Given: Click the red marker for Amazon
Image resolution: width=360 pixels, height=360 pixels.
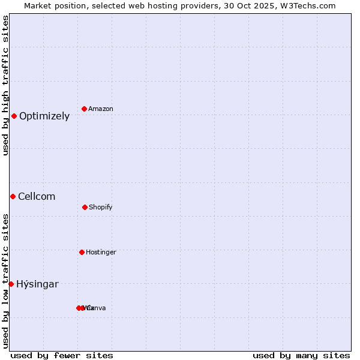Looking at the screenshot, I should (x=84, y=109).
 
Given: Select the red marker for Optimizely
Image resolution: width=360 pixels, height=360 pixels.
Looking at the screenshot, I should (x=14, y=116).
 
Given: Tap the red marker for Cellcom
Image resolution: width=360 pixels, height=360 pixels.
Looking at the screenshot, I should (x=13, y=196).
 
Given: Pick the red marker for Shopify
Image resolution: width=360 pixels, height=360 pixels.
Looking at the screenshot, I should (x=85, y=207).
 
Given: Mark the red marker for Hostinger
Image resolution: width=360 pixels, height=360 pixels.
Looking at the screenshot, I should (x=82, y=252).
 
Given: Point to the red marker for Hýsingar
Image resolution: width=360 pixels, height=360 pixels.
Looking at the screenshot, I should (x=11, y=284).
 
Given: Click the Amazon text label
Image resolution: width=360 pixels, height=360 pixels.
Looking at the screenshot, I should (x=101, y=109).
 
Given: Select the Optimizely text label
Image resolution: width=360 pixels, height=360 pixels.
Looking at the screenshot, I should (x=44, y=116).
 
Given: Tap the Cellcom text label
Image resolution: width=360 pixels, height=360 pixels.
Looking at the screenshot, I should (x=37, y=197).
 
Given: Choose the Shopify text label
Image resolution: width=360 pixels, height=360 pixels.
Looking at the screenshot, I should (x=101, y=207).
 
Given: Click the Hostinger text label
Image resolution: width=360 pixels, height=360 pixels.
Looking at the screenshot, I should (x=101, y=252).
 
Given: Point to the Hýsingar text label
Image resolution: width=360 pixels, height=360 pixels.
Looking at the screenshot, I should (x=37, y=284).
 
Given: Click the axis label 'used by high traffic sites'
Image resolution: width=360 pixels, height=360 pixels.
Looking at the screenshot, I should (x=5, y=85).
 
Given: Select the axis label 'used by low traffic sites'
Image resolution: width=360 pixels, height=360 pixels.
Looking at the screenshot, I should (x=5, y=281).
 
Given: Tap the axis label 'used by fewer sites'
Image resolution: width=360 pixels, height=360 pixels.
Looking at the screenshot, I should (x=62, y=355).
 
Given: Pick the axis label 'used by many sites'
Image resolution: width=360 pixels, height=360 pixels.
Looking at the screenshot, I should (x=301, y=355).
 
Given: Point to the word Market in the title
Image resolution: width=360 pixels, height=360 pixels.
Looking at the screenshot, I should (x=38, y=5).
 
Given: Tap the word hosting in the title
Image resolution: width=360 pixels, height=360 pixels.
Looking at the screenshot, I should (x=166, y=5).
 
